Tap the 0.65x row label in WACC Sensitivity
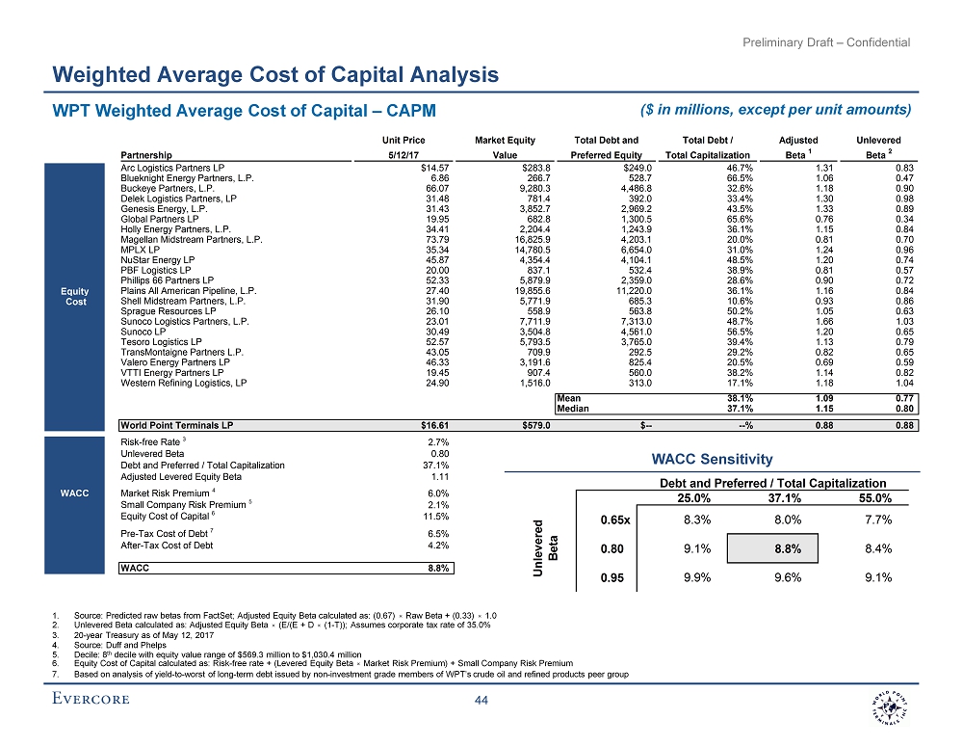[614, 520]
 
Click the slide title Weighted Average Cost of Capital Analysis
[275, 74]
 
